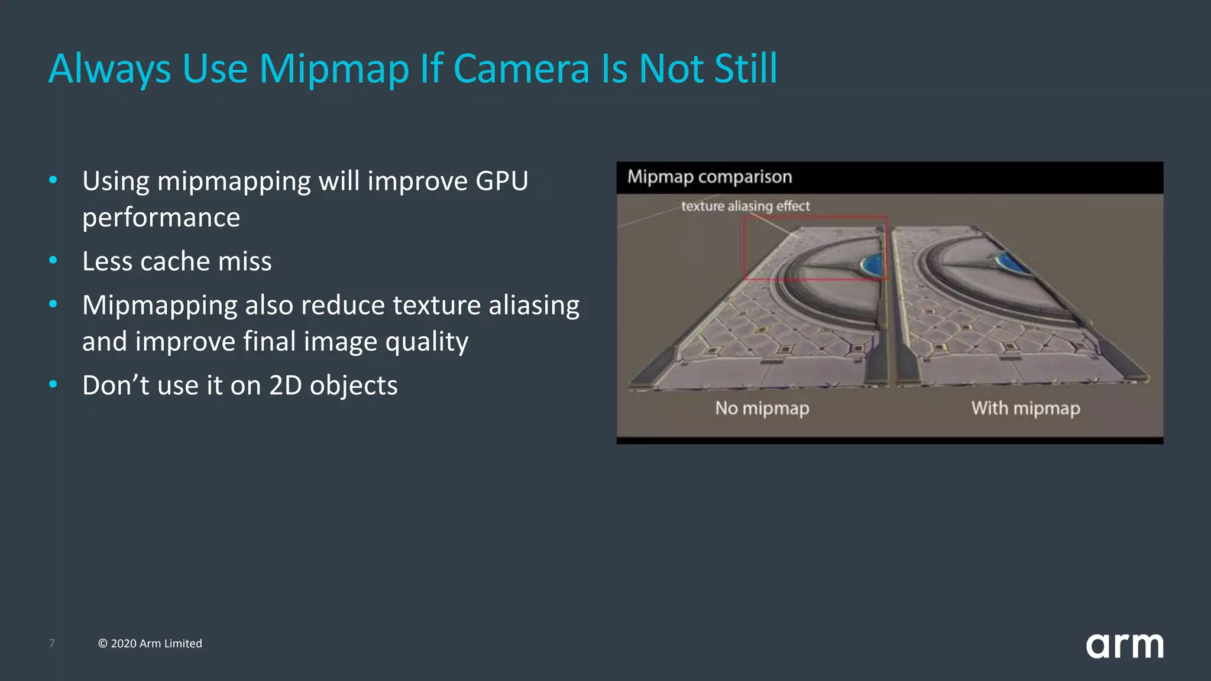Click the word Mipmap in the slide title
pos(334,69)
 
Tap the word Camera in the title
pos(522,69)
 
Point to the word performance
pos(161,218)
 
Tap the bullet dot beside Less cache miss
pos(53,260)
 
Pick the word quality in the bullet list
pos(426,342)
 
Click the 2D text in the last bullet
pos(286,385)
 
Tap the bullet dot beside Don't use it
pos(53,384)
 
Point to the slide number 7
pos(52,643)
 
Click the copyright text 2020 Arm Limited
pos(150,643)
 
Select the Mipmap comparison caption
pos(710,177)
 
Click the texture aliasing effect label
pos(745,206)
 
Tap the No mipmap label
pos(762,408)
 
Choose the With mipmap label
pos(1025,408)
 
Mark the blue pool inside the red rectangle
pos(872,264)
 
